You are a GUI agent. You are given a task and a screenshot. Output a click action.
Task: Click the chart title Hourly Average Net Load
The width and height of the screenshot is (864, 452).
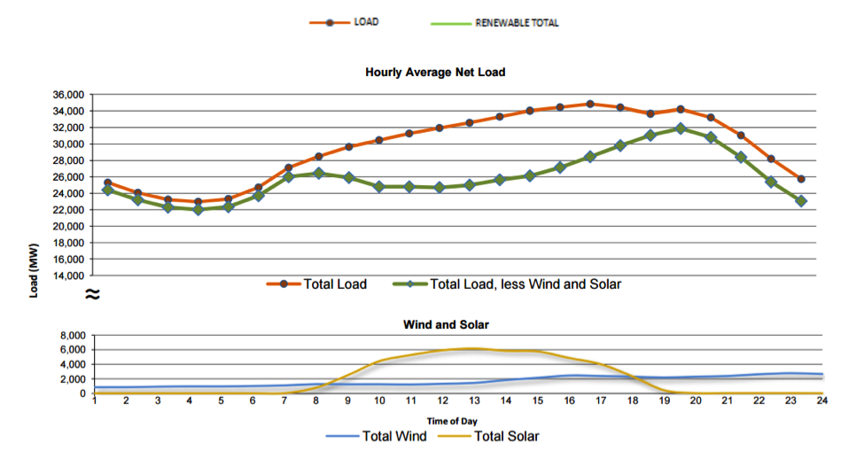click(435, 72)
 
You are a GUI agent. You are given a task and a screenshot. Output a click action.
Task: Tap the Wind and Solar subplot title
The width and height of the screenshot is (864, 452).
click(446, 324)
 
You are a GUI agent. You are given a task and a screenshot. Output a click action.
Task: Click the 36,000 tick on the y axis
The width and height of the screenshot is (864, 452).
click(68, 95)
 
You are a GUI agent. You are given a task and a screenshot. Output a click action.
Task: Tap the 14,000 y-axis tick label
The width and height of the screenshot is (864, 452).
click(68, 276)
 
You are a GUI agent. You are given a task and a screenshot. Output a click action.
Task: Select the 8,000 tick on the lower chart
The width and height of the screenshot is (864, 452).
click(73, 335)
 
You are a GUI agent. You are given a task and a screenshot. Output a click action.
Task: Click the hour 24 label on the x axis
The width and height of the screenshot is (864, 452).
click(821, 401)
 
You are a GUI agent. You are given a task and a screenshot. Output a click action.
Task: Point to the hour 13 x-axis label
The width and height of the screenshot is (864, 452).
click(474, 401)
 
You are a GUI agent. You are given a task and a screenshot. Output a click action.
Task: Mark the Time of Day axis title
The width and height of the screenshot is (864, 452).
click(452, 422)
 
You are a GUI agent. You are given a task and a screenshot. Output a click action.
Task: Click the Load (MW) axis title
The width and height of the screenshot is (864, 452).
click(35, 270)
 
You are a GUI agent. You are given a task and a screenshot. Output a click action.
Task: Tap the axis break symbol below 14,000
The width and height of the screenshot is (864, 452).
click(92, 294)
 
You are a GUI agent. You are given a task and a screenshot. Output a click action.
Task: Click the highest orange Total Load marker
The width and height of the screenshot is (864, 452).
click(590, 104)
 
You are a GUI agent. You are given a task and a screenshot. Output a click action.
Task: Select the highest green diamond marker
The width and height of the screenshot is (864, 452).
click(681, 129)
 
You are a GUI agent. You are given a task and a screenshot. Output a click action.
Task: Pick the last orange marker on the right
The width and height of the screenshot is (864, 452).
click(801, 179)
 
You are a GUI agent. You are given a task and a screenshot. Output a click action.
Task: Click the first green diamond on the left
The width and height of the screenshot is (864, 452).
click(108, 191)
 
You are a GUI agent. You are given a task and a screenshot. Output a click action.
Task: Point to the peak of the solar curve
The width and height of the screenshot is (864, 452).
click(473, 348)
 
